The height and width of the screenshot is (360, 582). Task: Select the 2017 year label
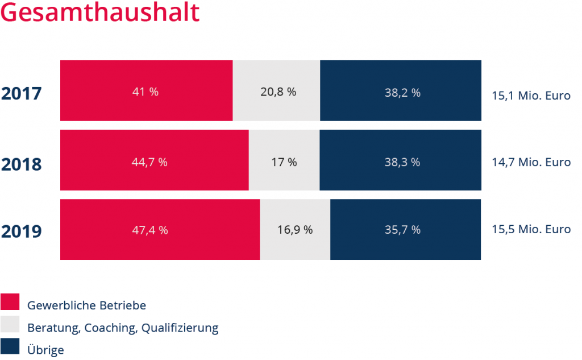(x=22, y=93)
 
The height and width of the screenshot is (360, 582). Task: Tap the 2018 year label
(x=22, y=164)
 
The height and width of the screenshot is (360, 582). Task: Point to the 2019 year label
(x=22, y=232)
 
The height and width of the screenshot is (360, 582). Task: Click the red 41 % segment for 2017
(x=146, y=91)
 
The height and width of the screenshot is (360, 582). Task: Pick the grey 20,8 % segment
(x=277, y=91)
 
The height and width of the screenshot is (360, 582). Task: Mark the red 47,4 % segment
(x=160, y=230)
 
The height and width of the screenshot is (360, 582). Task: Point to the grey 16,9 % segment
(x=295, y=230)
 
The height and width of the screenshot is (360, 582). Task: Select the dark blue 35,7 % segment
(x=406, y=230)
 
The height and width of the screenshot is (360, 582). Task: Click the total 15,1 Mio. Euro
(x=531, y=96)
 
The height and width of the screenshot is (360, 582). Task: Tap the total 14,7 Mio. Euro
(x=531, y=163)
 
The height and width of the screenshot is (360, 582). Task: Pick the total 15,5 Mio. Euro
(x=531, y=230)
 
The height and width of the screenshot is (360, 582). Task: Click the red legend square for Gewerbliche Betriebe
(x=10, y=303)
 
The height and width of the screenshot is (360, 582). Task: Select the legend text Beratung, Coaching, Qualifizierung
(x=123, y=328)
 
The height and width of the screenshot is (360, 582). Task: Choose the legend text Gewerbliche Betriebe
(x=86, y=305)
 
